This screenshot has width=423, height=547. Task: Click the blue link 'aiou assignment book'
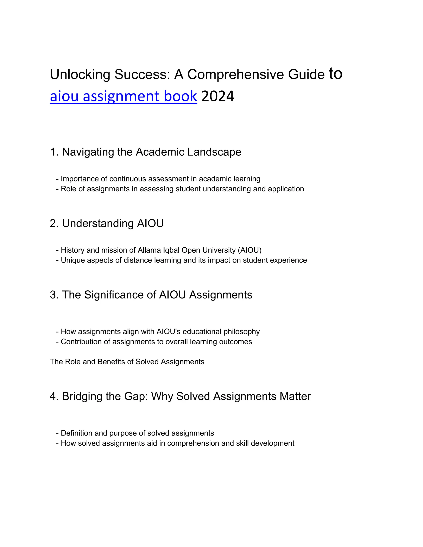click(x=123, y=96)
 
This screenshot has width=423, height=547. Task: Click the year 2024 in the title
click(x=218, y=96)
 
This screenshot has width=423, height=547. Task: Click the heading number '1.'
click(x=54, y=152)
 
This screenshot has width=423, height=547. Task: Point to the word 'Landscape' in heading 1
click(x=214, y=152)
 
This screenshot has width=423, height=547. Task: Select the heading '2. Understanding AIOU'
click(x=107, y=223)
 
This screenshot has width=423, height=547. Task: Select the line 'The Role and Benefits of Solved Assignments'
click(x=127, y=362)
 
